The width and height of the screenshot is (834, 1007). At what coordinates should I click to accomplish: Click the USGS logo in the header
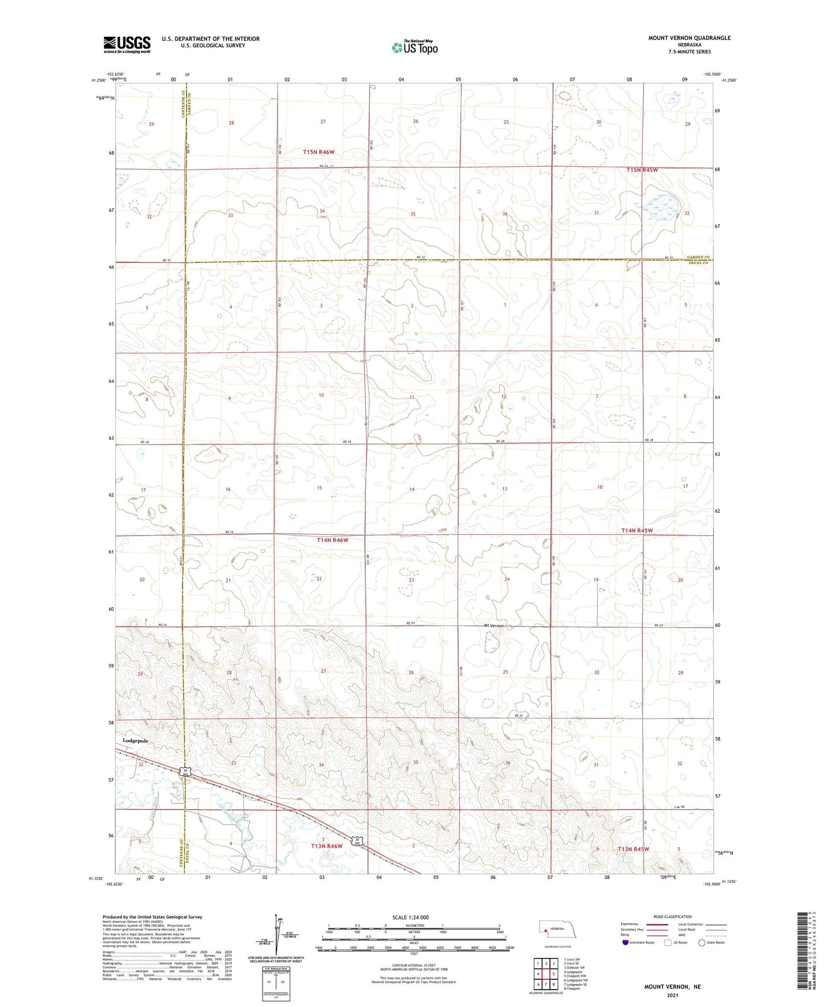[127, 44]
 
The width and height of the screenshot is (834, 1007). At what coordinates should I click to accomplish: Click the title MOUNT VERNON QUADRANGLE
[689, 38]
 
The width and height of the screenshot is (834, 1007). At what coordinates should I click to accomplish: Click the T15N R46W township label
[319, 152]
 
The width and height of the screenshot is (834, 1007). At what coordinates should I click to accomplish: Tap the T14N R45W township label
[637, 531]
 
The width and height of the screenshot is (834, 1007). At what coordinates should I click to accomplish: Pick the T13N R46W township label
[327, 846]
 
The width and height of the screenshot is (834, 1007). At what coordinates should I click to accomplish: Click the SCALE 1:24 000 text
[410, 918]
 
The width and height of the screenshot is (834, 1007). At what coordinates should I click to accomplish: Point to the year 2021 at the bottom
[672, 995]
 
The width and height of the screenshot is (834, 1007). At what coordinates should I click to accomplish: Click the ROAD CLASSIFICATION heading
[672, 916]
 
